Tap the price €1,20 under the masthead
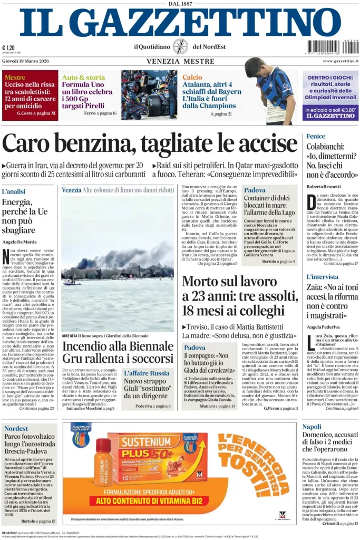(8, 47)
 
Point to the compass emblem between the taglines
(180, 46)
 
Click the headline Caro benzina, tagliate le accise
(150, 143)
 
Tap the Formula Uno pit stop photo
(149, 94)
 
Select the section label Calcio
(192, 77)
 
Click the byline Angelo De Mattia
(20, 242)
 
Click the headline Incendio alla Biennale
(118, 346)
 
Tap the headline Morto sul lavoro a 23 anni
(237, 295)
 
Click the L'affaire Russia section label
(147, 373)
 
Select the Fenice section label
(315, 137)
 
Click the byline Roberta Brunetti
(323, 187)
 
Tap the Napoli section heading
(312, 426)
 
